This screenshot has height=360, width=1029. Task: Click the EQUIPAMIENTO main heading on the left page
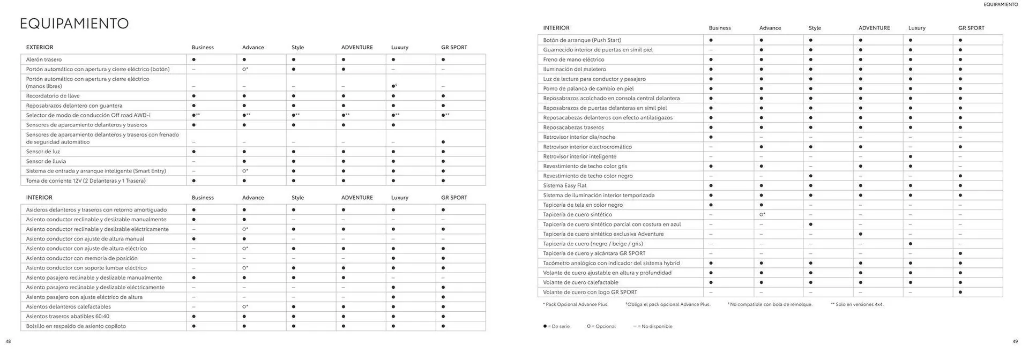(74, 24)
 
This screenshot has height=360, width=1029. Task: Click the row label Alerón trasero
(44, 59)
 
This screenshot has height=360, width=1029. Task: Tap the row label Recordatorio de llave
(53, 96)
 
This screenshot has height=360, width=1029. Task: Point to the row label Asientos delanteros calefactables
(69, 307)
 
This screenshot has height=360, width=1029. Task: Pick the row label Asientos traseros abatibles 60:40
(68, 317)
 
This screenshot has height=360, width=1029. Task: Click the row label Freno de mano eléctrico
(573, 59)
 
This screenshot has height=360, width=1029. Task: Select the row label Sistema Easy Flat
(564, 185)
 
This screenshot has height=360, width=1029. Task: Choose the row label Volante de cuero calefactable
(580, 282)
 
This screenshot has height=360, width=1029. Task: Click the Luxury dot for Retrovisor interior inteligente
(910, 156)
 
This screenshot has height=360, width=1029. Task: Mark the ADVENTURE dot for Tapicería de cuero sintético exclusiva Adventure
(860, 234)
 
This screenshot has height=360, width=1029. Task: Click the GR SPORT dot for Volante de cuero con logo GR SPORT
(960, 292)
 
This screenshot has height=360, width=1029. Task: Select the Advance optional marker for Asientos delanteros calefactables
(245, 307)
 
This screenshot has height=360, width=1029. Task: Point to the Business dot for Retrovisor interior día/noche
(711, 137)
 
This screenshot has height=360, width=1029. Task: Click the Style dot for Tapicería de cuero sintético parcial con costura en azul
(810, 224)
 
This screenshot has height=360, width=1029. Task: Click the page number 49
(1015, 341)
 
